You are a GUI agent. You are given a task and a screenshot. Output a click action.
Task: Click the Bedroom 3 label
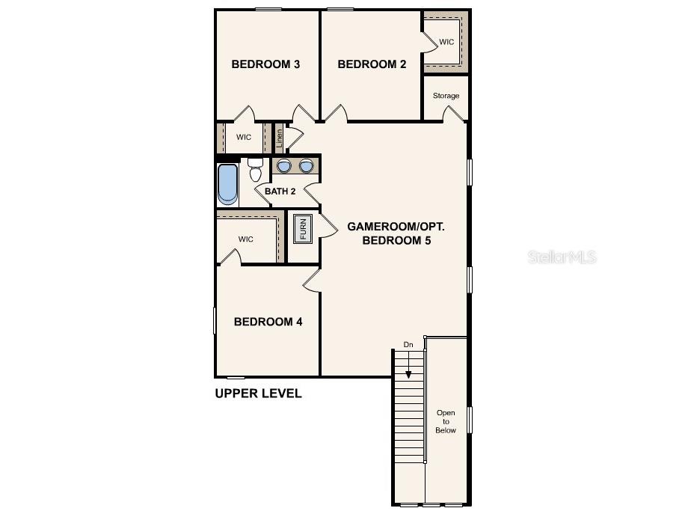pyautogui.click(x=265, y=64)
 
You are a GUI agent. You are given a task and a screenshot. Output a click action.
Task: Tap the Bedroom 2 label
pyautogui.click(x=372, y=64)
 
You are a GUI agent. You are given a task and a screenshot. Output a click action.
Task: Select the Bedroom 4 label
pyautogui.click(x=268, y=322)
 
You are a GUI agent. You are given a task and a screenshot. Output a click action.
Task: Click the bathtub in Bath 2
pyautogui.click(x=227, y=184)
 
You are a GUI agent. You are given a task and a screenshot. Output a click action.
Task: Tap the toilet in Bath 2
pyautogui.click(x=255, y=171)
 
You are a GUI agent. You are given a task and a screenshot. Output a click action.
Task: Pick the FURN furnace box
pyautogui.click(x=303, y=228)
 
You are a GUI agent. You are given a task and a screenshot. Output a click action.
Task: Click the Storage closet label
pyautogui.click(x=446, y=96)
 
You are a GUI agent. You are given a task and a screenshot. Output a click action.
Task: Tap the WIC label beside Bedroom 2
pyautogui.click(x=446, y=42)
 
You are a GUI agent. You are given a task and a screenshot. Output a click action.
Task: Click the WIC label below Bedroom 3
pyautogui.click(x=244, y=137)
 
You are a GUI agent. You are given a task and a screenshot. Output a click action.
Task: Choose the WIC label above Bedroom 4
pyautogui.click(x=246, y=239)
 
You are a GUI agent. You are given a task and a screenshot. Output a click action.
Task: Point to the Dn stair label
pyautogui.click(x=408, y=344)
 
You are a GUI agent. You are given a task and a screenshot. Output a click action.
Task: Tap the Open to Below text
pyautogui.click(x=446, y=421)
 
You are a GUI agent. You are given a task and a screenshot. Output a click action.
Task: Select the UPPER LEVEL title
pyautogui.click(x=258, y=394)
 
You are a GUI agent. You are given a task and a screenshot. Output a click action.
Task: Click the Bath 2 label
pyautogui.click(x=280, y=192)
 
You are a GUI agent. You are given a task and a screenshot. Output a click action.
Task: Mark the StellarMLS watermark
pyautogui.click(x=562, y=257)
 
